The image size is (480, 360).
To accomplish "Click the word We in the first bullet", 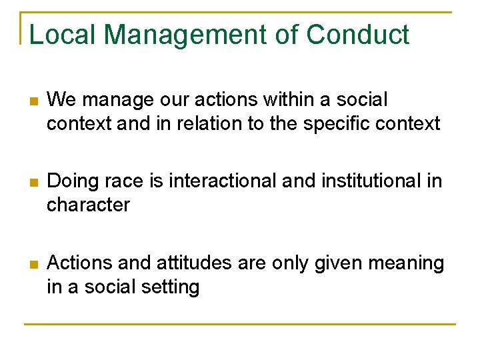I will (x=61, y=100).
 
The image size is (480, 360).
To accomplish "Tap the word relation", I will (x=215, y=124).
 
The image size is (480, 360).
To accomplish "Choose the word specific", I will (x=341, y=124).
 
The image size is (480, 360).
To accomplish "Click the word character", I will (x=88, y=205).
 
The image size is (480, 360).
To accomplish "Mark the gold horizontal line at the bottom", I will (x=240, y=324).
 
